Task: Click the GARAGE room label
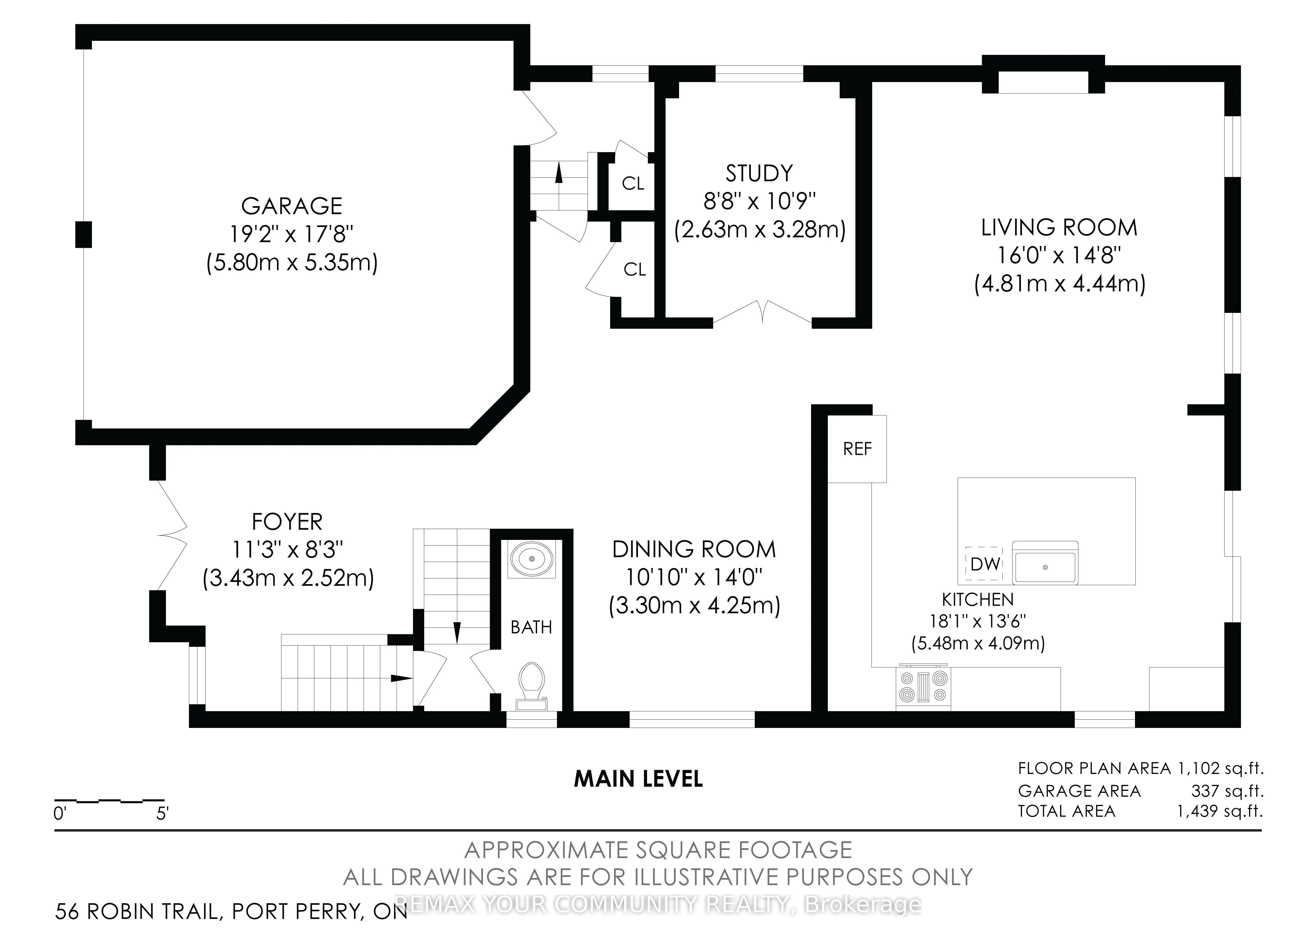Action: click(292, 206)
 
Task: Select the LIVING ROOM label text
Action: click(1059, 228)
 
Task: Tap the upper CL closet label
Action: click(633, 183)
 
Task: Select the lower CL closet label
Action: click(635, 269)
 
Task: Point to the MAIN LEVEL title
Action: click(638, 779)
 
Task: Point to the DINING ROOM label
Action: click(694, 550)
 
